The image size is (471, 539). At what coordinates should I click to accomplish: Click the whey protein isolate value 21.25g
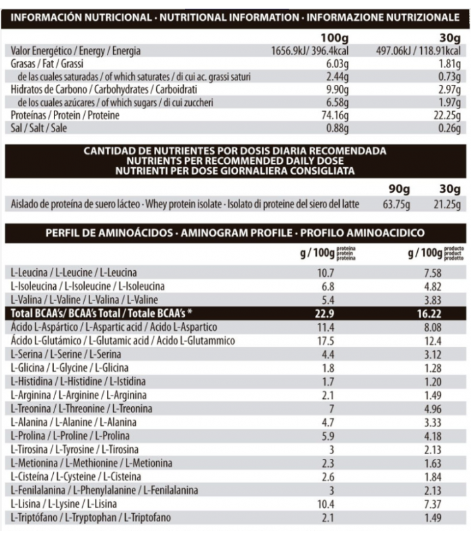447,204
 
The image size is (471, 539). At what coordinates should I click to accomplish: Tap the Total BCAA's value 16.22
429,313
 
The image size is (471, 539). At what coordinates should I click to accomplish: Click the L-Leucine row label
74,273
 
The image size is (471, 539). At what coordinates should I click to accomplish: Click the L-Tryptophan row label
92,517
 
